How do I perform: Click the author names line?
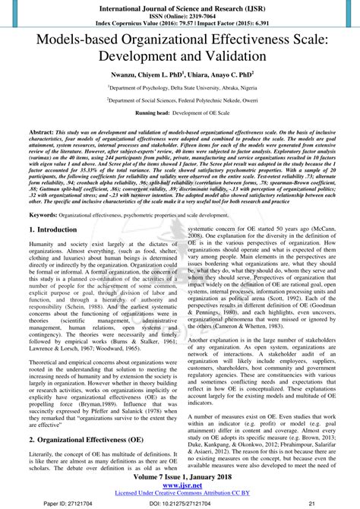pos(180,75)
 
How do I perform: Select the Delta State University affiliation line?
pos(180,88)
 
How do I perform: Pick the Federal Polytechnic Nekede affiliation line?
pos(180,100)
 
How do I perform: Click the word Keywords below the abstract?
pos(42,216)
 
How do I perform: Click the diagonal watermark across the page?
pos(180,304)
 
